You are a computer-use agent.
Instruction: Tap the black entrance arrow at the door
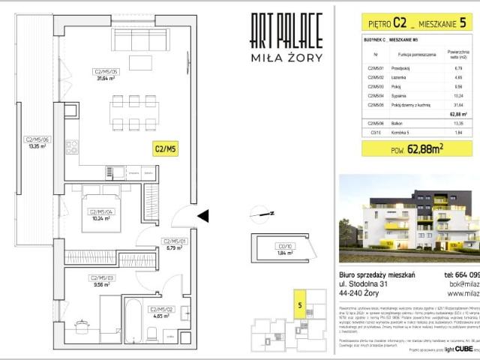[x=202, y=217]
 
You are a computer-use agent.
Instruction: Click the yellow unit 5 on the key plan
[x=300, y=306]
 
